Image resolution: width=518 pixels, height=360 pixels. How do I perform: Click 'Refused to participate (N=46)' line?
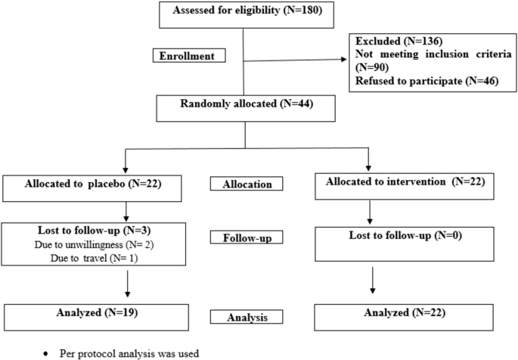click(x=427, y=80)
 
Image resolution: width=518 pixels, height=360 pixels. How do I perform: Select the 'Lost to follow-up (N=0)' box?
click(x=409, y=237)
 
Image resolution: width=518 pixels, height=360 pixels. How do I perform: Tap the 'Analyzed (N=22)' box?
click(x=409, y=313)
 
